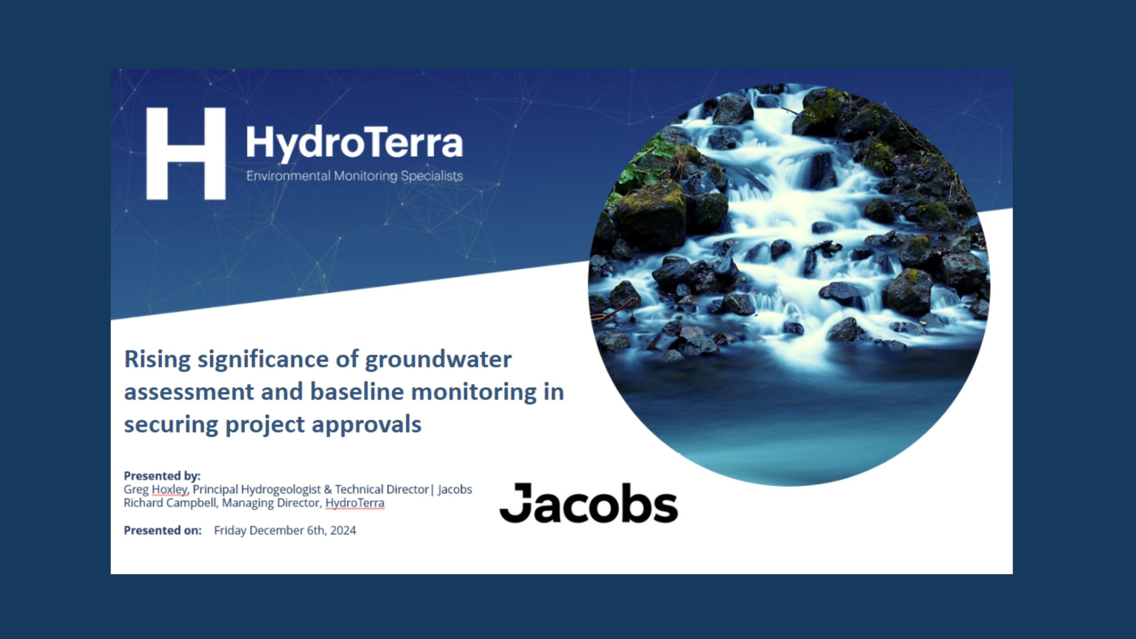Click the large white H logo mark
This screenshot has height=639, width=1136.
coord(185,154)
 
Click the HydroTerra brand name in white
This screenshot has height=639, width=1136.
coord(354,143)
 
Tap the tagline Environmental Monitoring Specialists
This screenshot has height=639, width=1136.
coord(354,176)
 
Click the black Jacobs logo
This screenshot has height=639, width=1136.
coord(588,503)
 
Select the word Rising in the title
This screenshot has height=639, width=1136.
coord(157,359)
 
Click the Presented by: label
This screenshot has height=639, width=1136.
coord(162,476)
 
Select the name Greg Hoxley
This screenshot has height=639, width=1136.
coord(155,489)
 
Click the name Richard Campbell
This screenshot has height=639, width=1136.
coord(170,503)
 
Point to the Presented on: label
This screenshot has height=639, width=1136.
coord(162,530)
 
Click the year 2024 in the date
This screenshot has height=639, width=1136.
coord(343,530)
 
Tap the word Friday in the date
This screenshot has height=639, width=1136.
coord(230,530)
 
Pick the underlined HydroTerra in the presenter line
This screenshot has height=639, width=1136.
coord(355,503)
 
